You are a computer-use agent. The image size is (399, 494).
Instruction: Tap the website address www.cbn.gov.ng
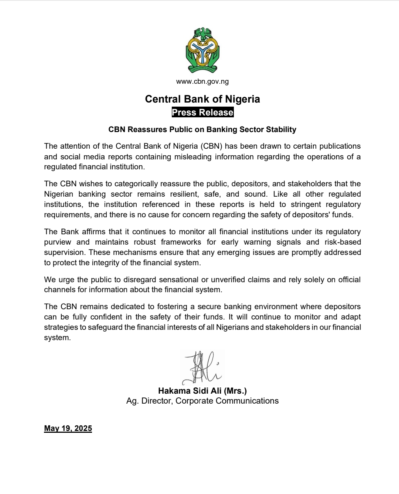pyautogui.click(x=202, y=82)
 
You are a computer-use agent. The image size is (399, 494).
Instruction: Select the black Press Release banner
pyautogui.click(x=202, y=113)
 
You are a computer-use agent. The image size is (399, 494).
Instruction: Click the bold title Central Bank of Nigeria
pyautogui.click(x=202, y=99)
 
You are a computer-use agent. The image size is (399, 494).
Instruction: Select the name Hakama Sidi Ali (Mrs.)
pyautogui.click(x=202, y=391)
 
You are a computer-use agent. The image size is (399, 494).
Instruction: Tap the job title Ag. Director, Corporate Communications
pyautogui.click(x=202, y=401)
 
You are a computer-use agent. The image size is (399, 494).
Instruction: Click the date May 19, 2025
pyautogui.click(x=68, y=428)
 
